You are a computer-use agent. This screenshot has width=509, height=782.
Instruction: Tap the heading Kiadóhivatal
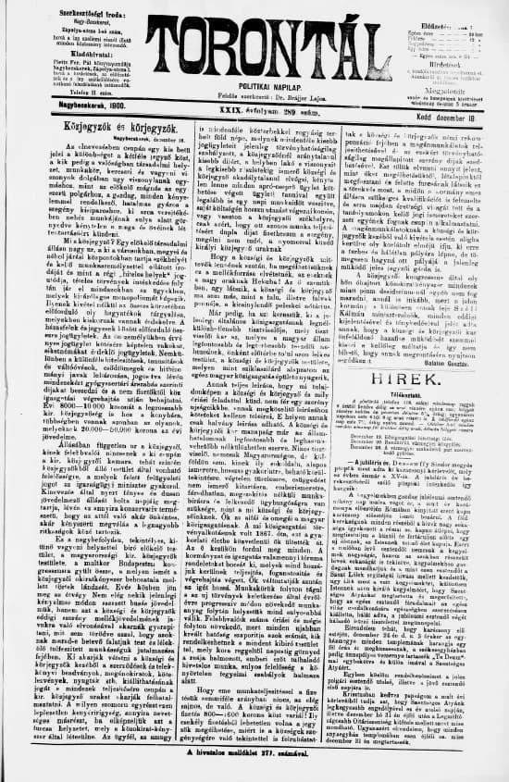pos(58,54)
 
